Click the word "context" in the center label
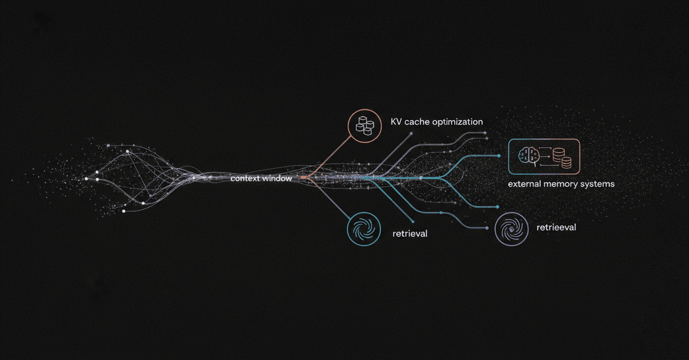[x=245, y=179]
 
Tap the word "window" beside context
[x=277, y=179]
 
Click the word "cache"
[x=417, y=122]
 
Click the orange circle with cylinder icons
[x=365, y=126]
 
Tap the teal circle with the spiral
[x=364, y=228]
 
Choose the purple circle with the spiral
[x=511, y=228]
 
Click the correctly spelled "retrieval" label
[x=410, y=234]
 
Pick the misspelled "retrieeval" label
[x=556, y=227]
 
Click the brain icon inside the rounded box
[x=528, y=156]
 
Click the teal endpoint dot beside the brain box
[x=499, y=156]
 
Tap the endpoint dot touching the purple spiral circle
[x=487, y=228]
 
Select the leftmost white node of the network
[x=86, y=179]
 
